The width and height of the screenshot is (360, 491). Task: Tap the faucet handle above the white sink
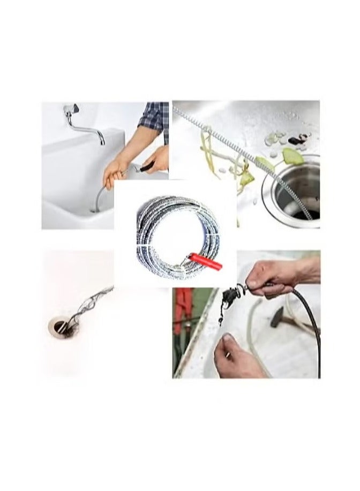[x=73, y=109]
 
